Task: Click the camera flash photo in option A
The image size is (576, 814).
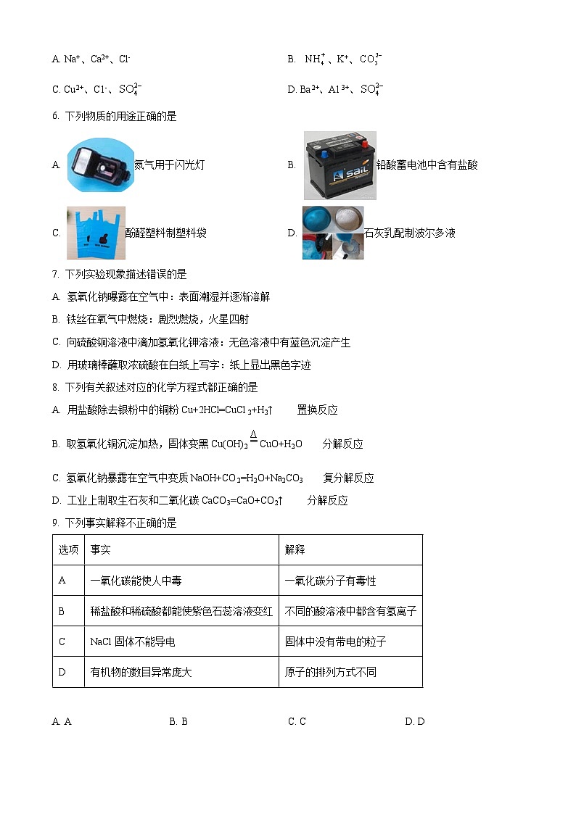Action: point(100,164)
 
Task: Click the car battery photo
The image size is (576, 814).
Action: point(340,165)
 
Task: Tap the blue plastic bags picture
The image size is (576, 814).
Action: point(95,233)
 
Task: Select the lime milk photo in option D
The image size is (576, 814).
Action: point(333,233)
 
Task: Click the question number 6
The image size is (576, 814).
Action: point(55,116)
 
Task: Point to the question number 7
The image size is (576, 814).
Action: point(55,274)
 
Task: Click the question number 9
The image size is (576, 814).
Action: point(55,523)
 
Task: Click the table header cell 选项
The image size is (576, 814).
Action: point(68,550)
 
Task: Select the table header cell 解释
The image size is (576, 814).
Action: point(295,550)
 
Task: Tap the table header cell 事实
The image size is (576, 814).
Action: point(100,550)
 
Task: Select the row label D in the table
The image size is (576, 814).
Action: point(62,672)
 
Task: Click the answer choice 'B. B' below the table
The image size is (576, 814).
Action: point(178,721)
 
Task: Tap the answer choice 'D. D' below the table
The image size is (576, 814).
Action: point(415,721)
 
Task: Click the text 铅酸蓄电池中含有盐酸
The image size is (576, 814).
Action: point(427,165)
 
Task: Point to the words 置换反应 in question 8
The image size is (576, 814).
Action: point(317,410)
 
